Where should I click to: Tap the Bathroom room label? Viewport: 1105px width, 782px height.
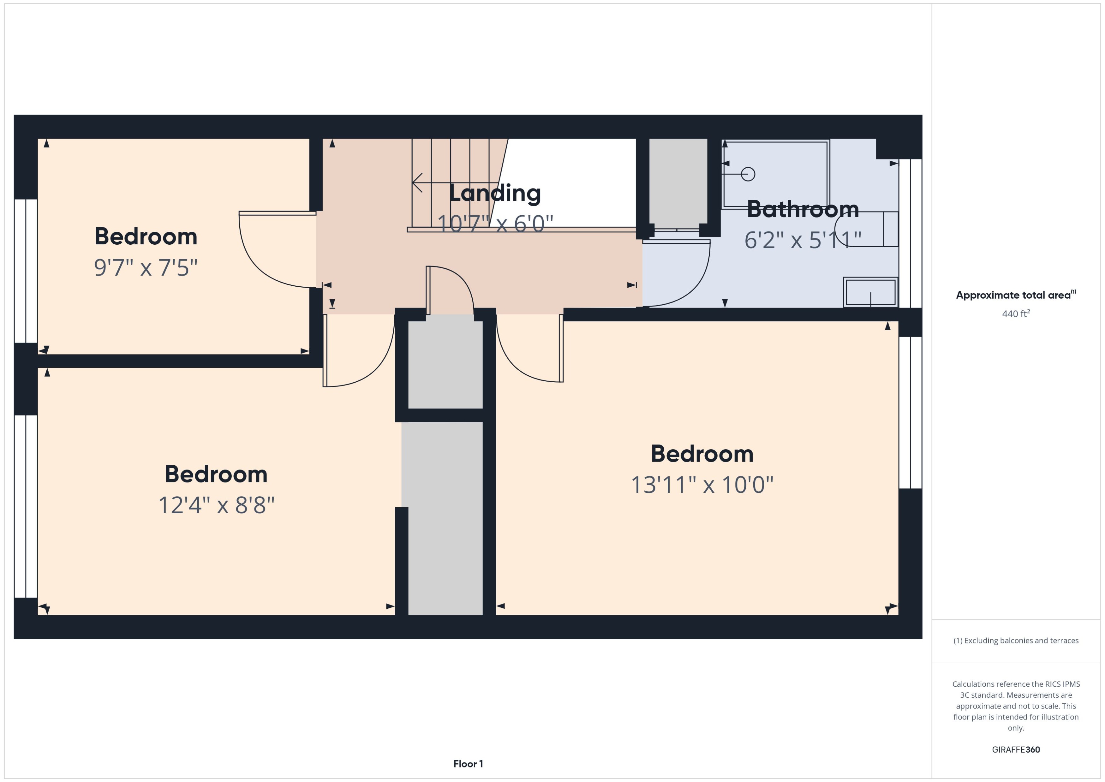[803, 209]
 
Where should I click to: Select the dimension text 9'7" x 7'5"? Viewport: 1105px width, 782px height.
[146, 268]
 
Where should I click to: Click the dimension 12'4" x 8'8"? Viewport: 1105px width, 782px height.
[216, 505]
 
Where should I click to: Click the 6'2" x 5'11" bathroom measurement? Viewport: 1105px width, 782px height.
[802, 240]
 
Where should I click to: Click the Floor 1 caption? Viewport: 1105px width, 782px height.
[468, 764]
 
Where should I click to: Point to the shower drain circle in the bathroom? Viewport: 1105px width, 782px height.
[748, 174]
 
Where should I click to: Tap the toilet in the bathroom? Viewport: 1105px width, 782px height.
[867, 229]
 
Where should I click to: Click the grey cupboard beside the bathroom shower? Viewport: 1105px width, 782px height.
[678, 181]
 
